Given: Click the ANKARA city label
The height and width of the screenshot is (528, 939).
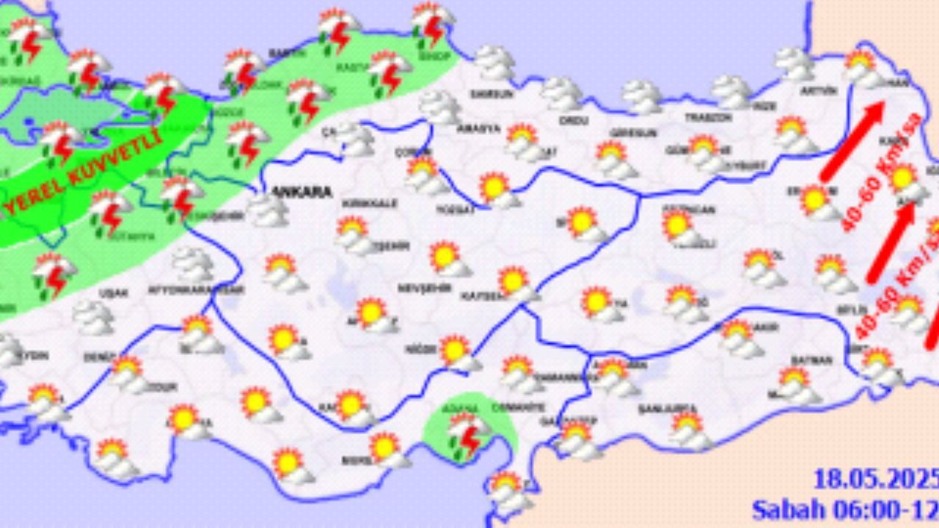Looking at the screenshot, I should (302, 191).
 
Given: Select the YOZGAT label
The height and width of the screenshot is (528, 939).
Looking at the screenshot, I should (456, 208).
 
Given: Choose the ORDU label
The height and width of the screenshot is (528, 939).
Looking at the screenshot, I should (569, 120).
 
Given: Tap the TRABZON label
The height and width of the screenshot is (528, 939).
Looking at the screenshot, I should (708, 117).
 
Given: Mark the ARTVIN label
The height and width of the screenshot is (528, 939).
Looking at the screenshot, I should (819, 91).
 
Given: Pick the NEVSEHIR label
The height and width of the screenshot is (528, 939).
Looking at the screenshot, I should (423, 288).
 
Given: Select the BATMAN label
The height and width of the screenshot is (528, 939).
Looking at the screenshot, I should (811, 360).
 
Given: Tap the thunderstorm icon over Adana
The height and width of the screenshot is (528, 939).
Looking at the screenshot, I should (467, 433).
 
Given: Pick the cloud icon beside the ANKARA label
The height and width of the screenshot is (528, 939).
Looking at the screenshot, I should (266, 210).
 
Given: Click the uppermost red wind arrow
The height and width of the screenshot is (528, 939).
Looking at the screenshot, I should (852, 141).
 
